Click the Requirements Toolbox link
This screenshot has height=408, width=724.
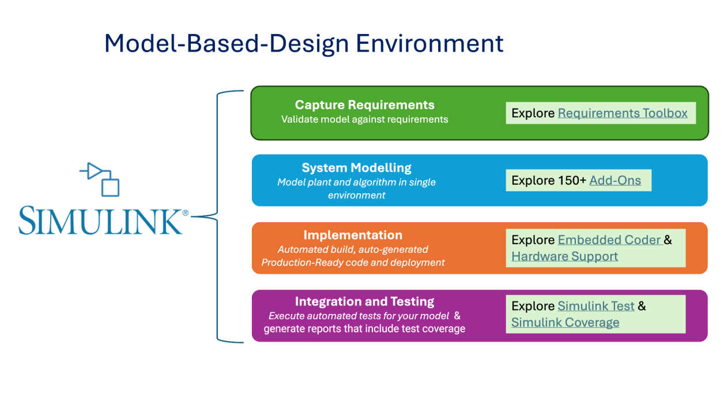coord(623,113)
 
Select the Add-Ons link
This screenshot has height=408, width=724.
coord(615,181)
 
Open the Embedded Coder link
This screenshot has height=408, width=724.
coord(609,239)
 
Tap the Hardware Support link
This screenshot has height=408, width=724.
coord(564,256)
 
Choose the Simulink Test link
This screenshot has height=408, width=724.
coord(596,306)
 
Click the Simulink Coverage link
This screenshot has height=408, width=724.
coord(565,323)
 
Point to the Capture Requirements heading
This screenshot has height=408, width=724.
coord(364,105)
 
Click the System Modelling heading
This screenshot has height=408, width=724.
coord(356,168)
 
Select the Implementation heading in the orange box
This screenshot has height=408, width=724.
coord(353,235)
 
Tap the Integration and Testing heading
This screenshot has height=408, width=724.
coord(364,302)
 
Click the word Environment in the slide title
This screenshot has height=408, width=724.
coord(429,43)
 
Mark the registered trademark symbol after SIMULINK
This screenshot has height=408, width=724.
coord(185,213)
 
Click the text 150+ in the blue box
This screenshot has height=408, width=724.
coord(572,181)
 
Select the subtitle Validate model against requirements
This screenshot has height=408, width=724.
coord(364,119)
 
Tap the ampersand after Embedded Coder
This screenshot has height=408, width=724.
coord(668,239)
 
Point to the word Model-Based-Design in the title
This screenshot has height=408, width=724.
coord(226,43)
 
